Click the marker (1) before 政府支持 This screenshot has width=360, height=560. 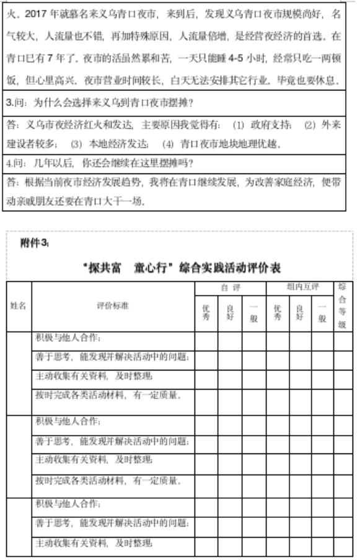click(x=239, y=125)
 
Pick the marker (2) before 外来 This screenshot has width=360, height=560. click(x=310, y=125)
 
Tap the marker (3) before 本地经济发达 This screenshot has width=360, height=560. click(x=77, y=144)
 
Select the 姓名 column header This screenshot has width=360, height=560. click(x=19, y=305)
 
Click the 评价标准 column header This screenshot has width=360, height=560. click(x=113, y=305)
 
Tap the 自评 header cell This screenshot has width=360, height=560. click(x=230, y=288)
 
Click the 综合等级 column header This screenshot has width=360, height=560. click(x=341, y=305)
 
